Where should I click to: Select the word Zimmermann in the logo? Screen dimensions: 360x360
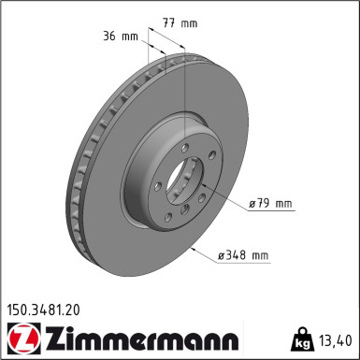(x=137, y=336)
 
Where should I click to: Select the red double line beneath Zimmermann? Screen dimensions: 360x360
(x=137, y=353)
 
